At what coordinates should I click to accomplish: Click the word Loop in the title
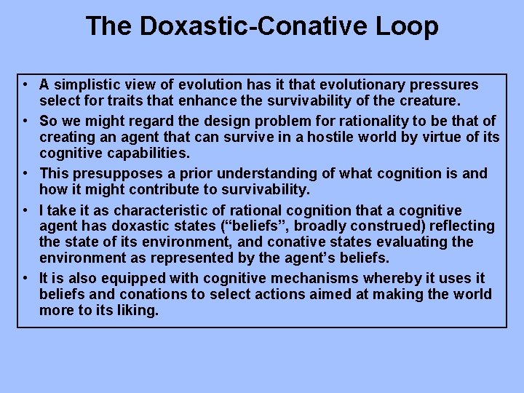pyautogui.click(x=407, y=27)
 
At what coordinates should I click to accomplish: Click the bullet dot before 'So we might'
pyautogui.click(x=25, y=121)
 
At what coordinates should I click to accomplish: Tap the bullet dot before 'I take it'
pyautogui.click(x=25, y=210)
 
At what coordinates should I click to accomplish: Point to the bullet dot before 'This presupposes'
pyautogui.click(x=25, y=174)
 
